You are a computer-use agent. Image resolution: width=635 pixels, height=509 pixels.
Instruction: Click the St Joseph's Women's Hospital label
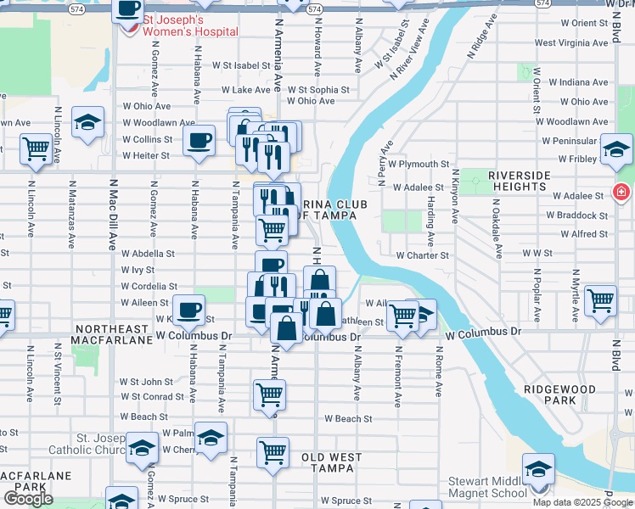click(x=190, y=25)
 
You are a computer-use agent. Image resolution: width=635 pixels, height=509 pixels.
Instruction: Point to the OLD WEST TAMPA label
click(x=332, y=463)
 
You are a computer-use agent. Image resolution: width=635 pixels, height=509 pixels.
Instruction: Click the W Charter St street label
click(x=422, y=255)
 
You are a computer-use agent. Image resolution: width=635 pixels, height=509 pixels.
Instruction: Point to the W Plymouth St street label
click(x=419, y=164)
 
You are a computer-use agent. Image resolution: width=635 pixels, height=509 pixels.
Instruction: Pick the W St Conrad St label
click(x=151, y=396)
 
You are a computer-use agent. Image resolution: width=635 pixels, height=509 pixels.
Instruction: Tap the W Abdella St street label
click(x=148, y=253)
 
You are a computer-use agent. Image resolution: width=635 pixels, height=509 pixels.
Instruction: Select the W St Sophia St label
click(x=318, y=89)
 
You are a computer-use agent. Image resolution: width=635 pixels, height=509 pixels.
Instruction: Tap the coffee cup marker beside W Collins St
click(x=200, y=139)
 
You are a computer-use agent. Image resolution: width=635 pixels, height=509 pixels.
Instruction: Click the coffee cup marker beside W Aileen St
click(x=188, y=308)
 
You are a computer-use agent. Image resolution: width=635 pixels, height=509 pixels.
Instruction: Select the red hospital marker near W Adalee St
click(x=622, y=192)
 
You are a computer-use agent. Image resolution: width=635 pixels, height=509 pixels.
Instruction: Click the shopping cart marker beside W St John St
click(x=269, y=393)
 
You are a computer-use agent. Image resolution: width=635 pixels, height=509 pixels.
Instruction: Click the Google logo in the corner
click(x=29, y=499)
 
